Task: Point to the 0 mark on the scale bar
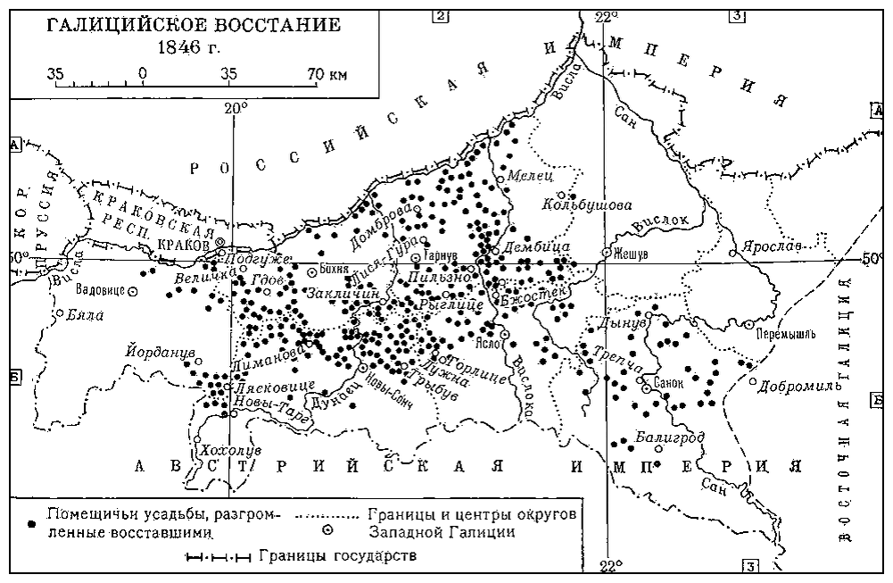142,74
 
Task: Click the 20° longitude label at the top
236,108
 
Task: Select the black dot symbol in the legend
31,517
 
